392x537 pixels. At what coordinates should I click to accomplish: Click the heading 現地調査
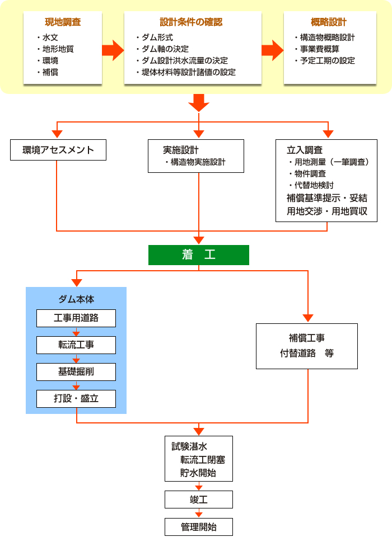click(x=63, y=23)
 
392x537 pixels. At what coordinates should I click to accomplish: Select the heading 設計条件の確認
click(x=191, y=22)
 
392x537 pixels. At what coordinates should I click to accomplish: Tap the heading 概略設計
click(x=329, y=22)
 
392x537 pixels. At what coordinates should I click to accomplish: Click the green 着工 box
click(x=198, y=255)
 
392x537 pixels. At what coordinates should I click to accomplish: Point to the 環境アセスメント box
click(x=58, y=150)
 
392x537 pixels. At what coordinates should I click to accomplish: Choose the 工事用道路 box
click(x=76, y=318)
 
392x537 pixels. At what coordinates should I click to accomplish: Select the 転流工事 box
click(x=76, y=345)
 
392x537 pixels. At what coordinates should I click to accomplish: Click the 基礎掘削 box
click(x=76, y=372)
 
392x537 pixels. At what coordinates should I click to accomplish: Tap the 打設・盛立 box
click(x=76, y=399)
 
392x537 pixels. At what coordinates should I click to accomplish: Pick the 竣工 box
click(x=198, y=499)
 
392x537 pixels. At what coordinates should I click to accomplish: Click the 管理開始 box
click(x=198, y=526)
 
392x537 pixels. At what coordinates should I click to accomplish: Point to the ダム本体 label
click(x=76, y=299)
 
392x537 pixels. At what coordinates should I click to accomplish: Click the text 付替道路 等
click(x=307, y=353)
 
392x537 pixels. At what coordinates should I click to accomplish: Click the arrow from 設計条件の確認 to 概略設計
click(x=273, y=50)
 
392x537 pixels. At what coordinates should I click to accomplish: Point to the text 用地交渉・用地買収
click(x=327, y=211)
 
